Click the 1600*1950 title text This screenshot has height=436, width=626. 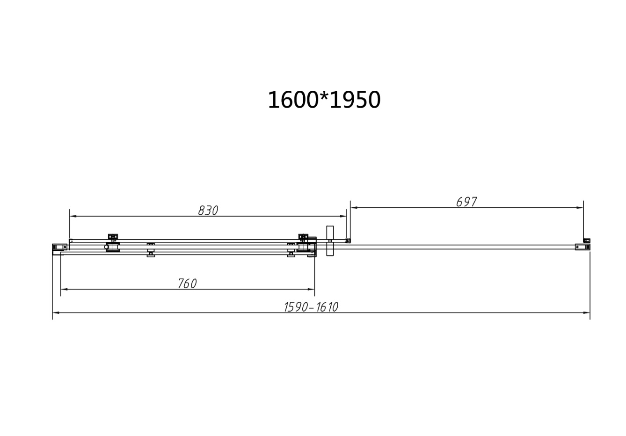pyautogui.click(x=324, y=100)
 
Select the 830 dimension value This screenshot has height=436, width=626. pyautogui.click(x=208, y=211)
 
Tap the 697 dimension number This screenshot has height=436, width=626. pyautogui.click(x=466, y=202)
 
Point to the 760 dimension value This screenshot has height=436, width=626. pyautogui.click(x=187, y=283)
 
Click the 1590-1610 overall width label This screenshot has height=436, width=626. pyautogui.click(x=311, y=307)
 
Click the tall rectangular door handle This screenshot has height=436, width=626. pyautogui.click(x=330, y=240)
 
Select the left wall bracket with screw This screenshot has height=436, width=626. pyautogui.click(x=59, y=247)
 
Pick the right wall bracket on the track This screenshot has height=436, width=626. pyautogui.click(x=582, y=247)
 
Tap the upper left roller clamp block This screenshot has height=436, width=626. pyautogui.click(x=113, y=237)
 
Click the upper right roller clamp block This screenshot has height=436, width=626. pyautogui.click(x=303, y=237)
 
